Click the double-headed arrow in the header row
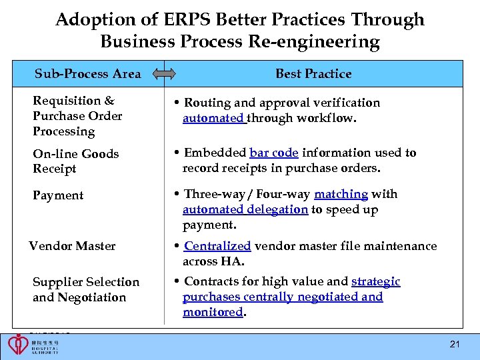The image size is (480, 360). click(x=164, y=74)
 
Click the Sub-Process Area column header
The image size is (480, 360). click(x=87, y=73)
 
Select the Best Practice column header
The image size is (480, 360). click(x=313, y=73)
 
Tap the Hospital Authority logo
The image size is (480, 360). click(x=33, y=345)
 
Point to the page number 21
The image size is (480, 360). click(x=455, y=345)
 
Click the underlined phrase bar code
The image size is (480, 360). click(x=273, y=153)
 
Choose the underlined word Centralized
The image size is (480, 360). click(x=217, y=246)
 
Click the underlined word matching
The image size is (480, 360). click(x=341, y=194)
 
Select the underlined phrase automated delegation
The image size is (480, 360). click(x=245, y=209)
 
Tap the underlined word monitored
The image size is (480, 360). click(x=213, y=312)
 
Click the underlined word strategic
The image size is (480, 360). click(x=375, y=281)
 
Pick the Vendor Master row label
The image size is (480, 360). click(x=72, y=246)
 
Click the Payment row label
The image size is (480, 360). click(x=58, y=195)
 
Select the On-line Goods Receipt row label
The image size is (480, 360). click(x=75, y=161)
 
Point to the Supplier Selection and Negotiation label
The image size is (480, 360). click(x=85, y=289)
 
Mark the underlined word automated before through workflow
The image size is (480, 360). click(x=214, y=118)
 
